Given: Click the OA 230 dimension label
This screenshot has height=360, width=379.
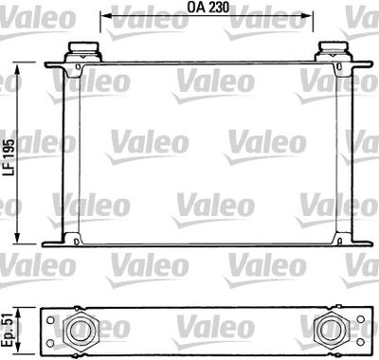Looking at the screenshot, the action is [x=208, y=8].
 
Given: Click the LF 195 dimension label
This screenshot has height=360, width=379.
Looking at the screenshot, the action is [x=9, y=157].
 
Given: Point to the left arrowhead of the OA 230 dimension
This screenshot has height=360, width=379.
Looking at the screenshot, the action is [x=106, y=16].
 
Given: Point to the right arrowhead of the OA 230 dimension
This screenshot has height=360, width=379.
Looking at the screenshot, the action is [x=307, y=16].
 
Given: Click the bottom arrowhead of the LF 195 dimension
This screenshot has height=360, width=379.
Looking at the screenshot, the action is [x=17, y=238].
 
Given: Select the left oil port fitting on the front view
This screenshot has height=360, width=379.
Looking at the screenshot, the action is [x=83, y=51].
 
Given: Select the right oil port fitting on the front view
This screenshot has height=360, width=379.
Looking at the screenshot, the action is [x=334, y=51].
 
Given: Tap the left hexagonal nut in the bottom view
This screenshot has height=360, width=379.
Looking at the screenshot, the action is [x=81, y=330].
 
